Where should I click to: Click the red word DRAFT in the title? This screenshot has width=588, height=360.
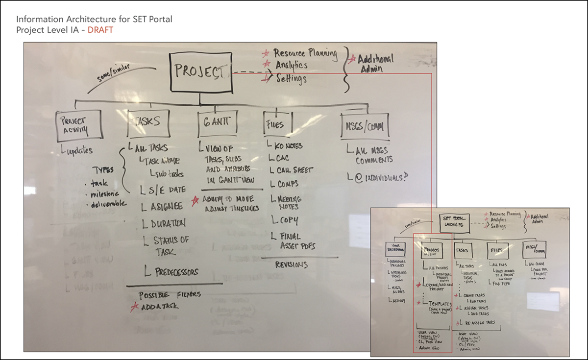100,29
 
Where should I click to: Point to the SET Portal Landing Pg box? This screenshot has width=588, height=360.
453,222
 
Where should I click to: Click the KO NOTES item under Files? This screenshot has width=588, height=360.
289,146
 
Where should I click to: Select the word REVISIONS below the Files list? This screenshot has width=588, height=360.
291,264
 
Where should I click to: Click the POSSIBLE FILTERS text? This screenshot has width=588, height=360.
170,295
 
